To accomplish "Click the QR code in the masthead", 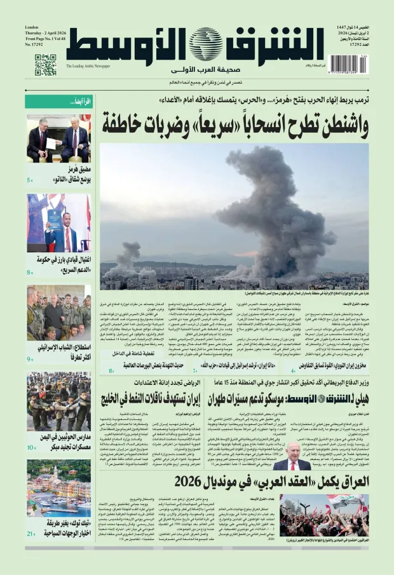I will point(45,65).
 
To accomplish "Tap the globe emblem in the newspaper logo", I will point(205,44).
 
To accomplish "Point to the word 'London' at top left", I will point(32,28).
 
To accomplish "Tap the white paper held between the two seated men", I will point(51,144).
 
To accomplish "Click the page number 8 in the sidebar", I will point(30,273).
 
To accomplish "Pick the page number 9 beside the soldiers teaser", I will point(30,360).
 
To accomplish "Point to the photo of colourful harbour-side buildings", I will point(58,488).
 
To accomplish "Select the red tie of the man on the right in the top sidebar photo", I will point(76,142).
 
